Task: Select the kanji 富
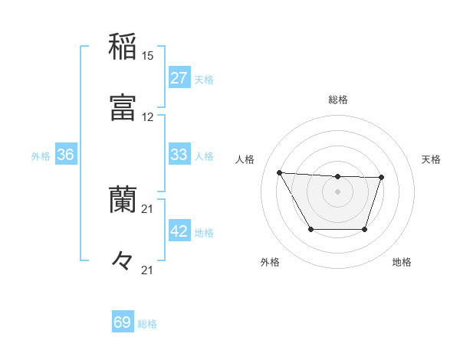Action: tap(123, 106)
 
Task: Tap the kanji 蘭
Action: tap(123, 199)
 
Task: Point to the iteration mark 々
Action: tap(123, 260)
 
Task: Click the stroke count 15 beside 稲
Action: tap(148, 56)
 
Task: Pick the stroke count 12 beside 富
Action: tap(148, 117)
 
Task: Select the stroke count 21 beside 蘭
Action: tap(148, 208)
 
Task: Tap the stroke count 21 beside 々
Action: tap(148, 270)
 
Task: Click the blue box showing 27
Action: tap(179, 78)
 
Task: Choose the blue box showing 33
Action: tap(179, 155)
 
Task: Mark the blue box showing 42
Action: tap(179, 231)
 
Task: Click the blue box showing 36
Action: tap(66, 155)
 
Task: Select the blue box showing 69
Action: tap(123, 323)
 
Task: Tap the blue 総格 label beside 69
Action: tap(148, 324)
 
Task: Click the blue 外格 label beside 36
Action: tap(41, 155)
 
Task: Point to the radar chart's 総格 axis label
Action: tap(338, 100)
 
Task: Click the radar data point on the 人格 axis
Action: tap(279, 172)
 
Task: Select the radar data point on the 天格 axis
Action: tap(382, 178)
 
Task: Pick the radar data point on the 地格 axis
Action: tap(365, 229)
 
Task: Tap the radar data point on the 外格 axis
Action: tap(310, 229)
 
